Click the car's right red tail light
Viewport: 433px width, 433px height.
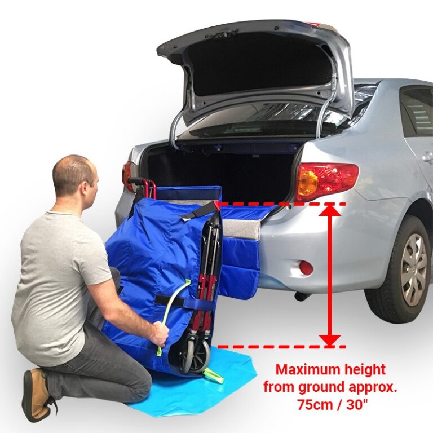[x=326, y=181]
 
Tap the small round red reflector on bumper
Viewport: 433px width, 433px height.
[x=306, y=268]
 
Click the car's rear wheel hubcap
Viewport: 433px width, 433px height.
[x=413, y=269]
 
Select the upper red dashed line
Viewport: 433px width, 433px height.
[x=282, y=204]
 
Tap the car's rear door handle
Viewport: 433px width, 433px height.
[x=427, y=157]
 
